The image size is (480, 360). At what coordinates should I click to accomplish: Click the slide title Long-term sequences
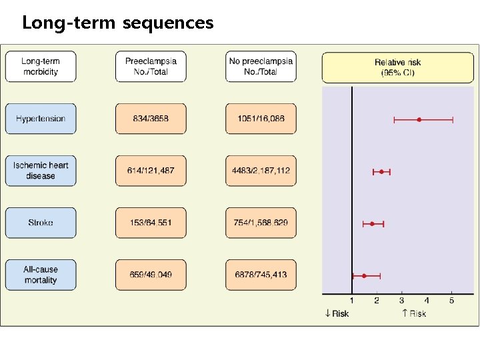pos(118,23)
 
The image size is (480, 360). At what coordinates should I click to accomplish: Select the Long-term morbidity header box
pos(41,67)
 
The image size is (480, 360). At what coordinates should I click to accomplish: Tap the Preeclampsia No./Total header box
pos(151,67)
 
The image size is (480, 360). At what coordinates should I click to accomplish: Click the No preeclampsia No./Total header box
pos(261,67)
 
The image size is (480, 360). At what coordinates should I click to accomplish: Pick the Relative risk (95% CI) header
pos(397,67)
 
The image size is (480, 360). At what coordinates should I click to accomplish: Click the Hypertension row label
pos(41,119)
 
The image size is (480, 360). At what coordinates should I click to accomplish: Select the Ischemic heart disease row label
pos(41,171)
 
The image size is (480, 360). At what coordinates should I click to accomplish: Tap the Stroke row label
pos(41,223)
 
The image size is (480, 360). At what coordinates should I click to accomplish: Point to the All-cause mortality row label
pos(41,275)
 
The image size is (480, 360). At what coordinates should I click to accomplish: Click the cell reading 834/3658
pos(151,119)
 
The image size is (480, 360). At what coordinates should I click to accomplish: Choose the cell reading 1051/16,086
pos(261,119)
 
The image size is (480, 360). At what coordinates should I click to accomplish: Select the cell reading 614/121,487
pos(151,171)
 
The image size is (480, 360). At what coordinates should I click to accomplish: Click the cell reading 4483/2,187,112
pos(261,171)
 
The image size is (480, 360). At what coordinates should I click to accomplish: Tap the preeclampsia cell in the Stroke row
pos(151,223)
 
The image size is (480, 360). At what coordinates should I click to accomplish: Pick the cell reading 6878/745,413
pos(261,275)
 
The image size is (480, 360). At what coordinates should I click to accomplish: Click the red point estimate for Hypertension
pos(419,119)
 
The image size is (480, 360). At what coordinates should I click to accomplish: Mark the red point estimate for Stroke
pos(372,223)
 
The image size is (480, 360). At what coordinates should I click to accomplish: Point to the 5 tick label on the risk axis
pos(451,301)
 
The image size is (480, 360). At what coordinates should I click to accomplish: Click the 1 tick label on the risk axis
pos(352,301)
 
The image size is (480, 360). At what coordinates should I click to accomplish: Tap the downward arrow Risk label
pos(337,313)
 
